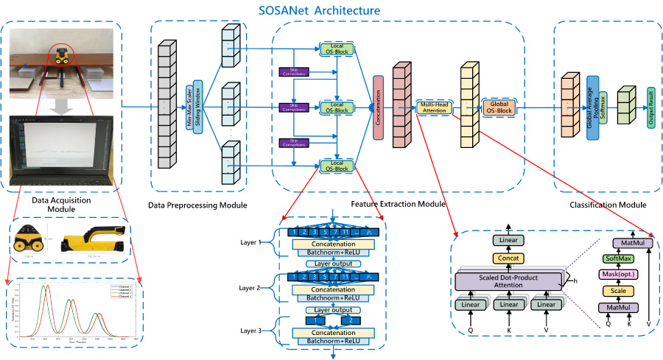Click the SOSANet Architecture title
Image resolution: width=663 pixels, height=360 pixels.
[320, 11]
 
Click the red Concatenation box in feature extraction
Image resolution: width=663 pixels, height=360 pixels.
[379, 107]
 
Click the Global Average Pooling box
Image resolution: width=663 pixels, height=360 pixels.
[592, 107]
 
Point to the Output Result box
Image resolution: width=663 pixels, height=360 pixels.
[650, 107]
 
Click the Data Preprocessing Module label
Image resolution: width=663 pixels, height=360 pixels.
[198, 204]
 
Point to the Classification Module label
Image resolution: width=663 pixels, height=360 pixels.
[608, 204]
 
